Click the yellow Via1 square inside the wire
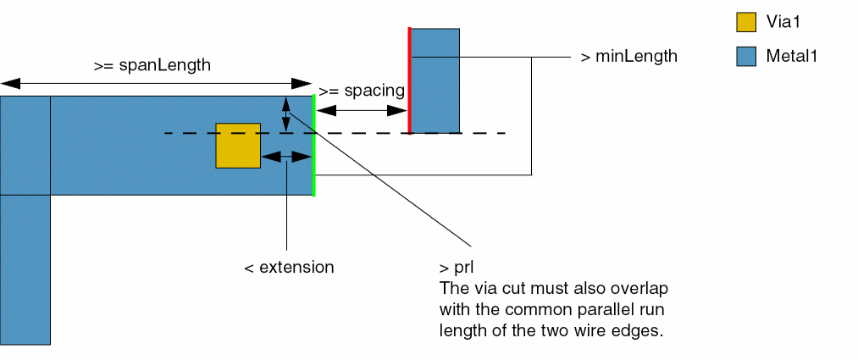click(x=238, y=146)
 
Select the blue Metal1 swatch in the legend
click(x=746, y=58)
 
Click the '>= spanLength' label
click(x=152, y=64)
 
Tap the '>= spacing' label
click(x=362, y=89)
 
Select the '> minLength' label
click(x=629, y=57)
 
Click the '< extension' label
click(x=289, y=267)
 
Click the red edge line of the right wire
click(x=409, y=81)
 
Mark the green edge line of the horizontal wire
click(x=314, y=146)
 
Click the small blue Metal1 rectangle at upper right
click(x=435, y=80)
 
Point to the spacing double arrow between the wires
click(x=362, y=110)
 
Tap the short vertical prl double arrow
click(x=286, y=114)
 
